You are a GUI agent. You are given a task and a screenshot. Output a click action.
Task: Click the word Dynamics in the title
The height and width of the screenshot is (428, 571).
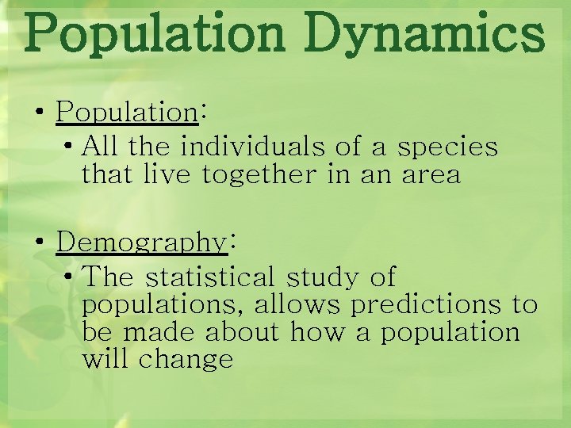pyautogui.click(x=427, y=34)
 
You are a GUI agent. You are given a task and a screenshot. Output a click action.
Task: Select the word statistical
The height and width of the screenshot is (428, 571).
pyautogui.click(x=209, y=277)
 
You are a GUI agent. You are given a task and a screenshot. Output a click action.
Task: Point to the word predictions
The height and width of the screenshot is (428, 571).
pyautogui.click(x=427, y=305)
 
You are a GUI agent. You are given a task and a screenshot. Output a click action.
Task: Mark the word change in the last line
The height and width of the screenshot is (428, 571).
pyautogui.click(x=186, y=360)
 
